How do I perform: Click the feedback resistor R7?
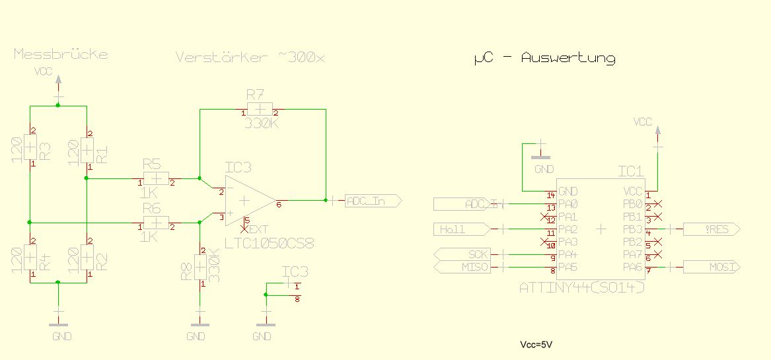(260, 110)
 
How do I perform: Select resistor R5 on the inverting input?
(156, 178)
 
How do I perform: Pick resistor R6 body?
(156, 223)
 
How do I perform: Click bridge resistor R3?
(30, 150)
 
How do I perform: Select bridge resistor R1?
(87, 150)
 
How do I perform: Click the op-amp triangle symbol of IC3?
(248, 200)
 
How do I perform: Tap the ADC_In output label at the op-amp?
(372, 201)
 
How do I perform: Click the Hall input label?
(461, 229)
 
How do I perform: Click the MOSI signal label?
(710, 267)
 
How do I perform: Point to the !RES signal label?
(710, 229)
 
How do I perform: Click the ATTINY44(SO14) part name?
(581, 288)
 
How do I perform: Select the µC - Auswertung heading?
(544, 58)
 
